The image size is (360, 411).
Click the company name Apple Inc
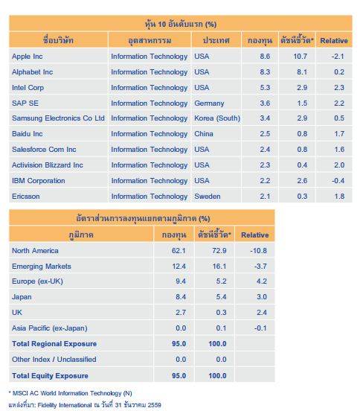28,57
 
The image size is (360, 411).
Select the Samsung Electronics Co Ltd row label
58,118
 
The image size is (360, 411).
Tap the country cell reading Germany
209,103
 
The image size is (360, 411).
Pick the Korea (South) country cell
217,118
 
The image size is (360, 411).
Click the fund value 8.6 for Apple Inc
265,57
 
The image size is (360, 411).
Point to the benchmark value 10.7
300,57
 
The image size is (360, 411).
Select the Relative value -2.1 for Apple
338,57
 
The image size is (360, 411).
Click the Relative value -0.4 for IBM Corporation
338,181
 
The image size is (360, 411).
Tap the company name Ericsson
25,197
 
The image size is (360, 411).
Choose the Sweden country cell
207,197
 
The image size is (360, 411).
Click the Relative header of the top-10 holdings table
334,41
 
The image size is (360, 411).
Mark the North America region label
35,251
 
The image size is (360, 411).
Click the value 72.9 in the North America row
219,251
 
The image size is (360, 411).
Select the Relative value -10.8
258,251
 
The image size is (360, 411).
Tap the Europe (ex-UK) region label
37,281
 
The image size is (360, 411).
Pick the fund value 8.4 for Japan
181,297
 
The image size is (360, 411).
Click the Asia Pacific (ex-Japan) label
50,328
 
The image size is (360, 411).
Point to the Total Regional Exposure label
54,344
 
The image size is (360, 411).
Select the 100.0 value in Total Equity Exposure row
217,375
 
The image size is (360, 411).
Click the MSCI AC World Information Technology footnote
70,393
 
